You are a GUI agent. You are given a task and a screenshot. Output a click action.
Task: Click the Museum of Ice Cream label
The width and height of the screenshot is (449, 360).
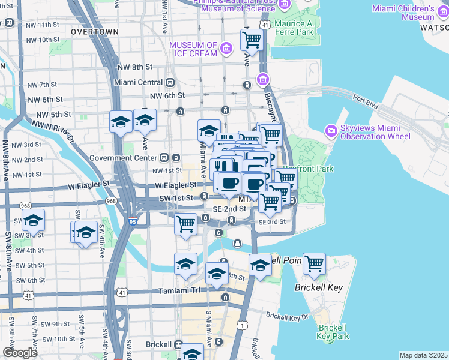[x=193, y=50]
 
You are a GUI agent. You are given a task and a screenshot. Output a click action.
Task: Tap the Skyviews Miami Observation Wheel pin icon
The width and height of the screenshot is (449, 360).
[x=331, y=130]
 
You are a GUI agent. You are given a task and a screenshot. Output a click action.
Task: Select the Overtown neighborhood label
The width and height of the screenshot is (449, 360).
[x=94, y=31]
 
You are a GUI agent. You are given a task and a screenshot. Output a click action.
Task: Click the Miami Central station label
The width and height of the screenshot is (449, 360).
[x=139, y=82]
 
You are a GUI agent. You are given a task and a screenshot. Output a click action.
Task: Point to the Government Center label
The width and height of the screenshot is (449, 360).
[x=122, y=158]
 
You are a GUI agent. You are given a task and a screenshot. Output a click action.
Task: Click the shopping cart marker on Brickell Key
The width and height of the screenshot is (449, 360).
[x=314, y=263]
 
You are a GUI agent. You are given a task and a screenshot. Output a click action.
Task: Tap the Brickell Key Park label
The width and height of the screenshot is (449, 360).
[x=333, y=332]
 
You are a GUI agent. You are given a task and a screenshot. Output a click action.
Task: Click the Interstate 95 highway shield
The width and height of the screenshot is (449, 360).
[x=131, y=221]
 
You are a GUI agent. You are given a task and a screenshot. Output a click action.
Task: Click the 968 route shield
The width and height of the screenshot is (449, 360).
[x=111, y=200]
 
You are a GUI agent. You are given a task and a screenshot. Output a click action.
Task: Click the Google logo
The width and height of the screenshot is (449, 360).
[x=20, y=353]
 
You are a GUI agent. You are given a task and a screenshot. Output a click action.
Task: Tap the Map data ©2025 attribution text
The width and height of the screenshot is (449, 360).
[x=423, y=355]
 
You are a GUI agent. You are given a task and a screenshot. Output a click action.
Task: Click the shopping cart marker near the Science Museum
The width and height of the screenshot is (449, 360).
[x=252, y=40]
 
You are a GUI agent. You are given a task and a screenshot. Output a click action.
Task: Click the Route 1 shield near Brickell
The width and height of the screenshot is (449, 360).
[x=241, y=325]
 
